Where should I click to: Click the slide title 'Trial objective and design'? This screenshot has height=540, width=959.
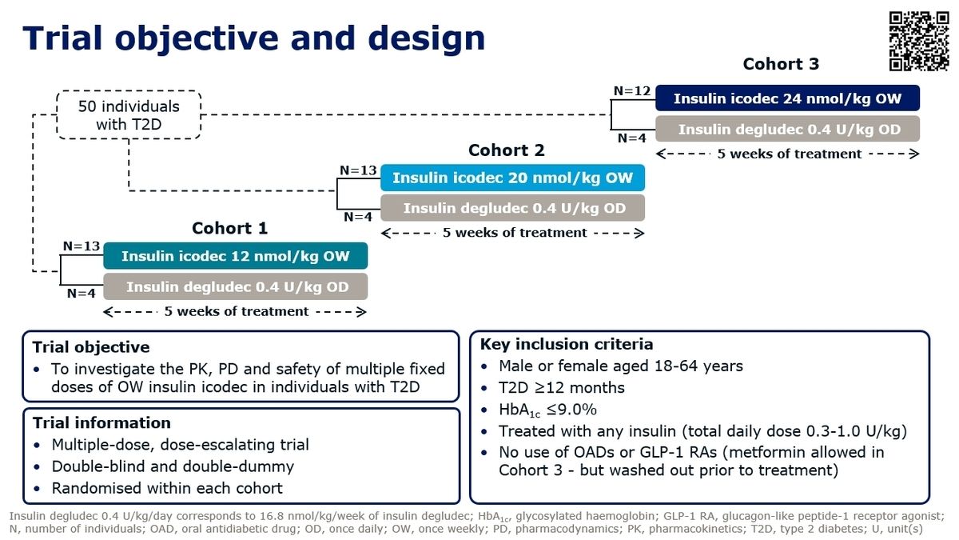(253, 38)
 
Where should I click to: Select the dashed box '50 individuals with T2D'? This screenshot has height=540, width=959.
(128, 115)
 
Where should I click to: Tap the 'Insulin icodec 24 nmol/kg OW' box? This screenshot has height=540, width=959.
(787, 98)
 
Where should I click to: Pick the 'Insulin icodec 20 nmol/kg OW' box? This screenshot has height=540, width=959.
(512, 178)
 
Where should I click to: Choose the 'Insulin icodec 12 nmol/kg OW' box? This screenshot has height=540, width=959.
(236, 256)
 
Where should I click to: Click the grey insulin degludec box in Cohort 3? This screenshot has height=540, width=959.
(787, 129)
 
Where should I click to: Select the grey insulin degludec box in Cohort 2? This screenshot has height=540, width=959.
(512, 208)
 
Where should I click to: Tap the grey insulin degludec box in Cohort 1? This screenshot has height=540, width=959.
(236, 286)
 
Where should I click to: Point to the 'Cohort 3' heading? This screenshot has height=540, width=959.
(781, 64)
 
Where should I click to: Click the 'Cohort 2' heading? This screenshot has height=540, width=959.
(506, 150)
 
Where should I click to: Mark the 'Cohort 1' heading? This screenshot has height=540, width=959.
(229, 229)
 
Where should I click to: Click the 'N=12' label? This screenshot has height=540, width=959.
(632, 91)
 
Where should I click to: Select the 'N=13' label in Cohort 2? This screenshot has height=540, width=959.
(359, 170)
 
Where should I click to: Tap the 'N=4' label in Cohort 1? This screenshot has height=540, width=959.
(82, 294)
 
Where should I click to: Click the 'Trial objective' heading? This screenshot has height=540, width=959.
(91, 347)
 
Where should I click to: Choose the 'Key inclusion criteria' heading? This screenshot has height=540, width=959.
(566, 345)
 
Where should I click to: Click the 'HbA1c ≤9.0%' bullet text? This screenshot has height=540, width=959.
(547, 410)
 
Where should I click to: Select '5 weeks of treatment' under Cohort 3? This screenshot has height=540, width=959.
(789, 154)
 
